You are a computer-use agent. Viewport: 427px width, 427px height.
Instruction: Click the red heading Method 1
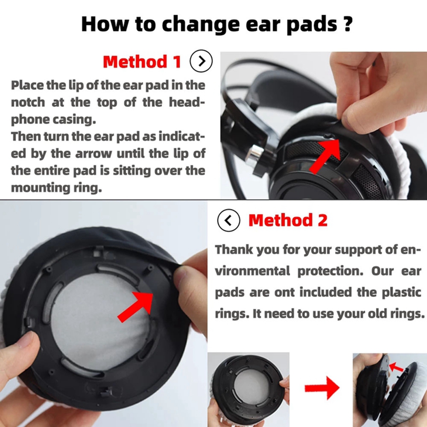(x=142, y=61)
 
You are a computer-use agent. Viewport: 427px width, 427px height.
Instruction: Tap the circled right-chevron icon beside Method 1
(x=201, y=61)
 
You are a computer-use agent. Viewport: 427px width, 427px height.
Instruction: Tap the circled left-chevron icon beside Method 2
(x=229, y=220)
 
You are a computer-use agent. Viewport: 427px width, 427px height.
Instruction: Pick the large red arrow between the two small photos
(x=322, y=388)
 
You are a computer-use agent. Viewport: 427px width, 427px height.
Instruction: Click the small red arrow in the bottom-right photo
(x=396, y=367)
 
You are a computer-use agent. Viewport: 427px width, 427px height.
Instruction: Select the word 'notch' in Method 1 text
(x=28, y=102)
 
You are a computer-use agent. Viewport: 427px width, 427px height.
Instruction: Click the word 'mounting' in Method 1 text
(x=40, y=188)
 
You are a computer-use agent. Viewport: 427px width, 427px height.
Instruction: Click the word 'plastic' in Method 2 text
(x=402, y=292)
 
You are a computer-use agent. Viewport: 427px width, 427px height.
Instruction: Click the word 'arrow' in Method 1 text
(x=94, y=154)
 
